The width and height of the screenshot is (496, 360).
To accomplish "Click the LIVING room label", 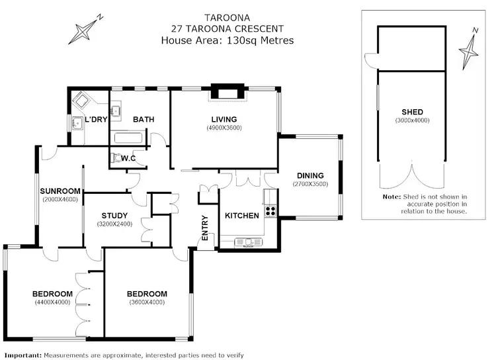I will point(224,119).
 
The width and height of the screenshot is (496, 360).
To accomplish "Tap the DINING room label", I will point(310,175).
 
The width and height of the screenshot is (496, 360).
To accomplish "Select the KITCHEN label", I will point(241,216).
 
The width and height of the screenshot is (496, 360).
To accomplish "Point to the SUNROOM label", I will point(60,191).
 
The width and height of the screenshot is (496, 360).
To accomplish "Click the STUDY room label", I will point(114,215).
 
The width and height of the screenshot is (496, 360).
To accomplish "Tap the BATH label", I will point(144,120).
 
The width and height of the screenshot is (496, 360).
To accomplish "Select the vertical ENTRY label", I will point(205,228).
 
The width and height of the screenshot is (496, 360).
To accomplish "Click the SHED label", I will point(412,112).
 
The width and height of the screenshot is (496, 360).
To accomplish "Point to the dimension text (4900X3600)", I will point(224,128).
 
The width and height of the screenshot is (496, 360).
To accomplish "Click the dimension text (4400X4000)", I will point(52,302).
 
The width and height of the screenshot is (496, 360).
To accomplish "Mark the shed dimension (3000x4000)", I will point(412,120).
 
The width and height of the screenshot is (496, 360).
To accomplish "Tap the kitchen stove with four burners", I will point(270,211).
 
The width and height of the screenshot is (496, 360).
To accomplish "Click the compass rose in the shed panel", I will point(470,48).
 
